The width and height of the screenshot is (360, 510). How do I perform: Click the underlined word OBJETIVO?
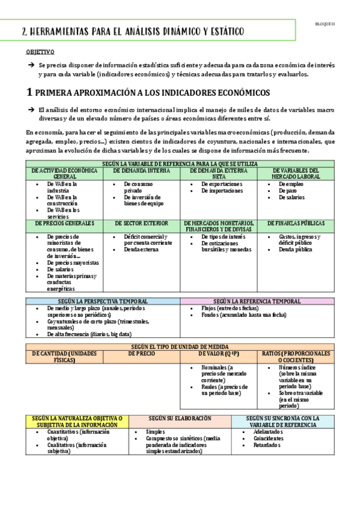pos(40,53)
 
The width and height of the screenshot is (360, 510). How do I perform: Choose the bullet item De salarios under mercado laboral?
pos(291,197)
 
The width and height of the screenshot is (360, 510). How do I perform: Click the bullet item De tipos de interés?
pos(224,236)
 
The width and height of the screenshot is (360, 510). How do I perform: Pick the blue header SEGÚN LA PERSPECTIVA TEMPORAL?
pos(102,301)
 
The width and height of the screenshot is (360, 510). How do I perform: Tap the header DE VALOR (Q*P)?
pos(219,354)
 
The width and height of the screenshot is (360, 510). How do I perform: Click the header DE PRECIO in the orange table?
pos(141,354)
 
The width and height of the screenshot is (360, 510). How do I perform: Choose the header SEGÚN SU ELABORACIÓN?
pos(180,418)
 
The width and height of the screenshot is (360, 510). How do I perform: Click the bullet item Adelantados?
pos(268,432)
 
